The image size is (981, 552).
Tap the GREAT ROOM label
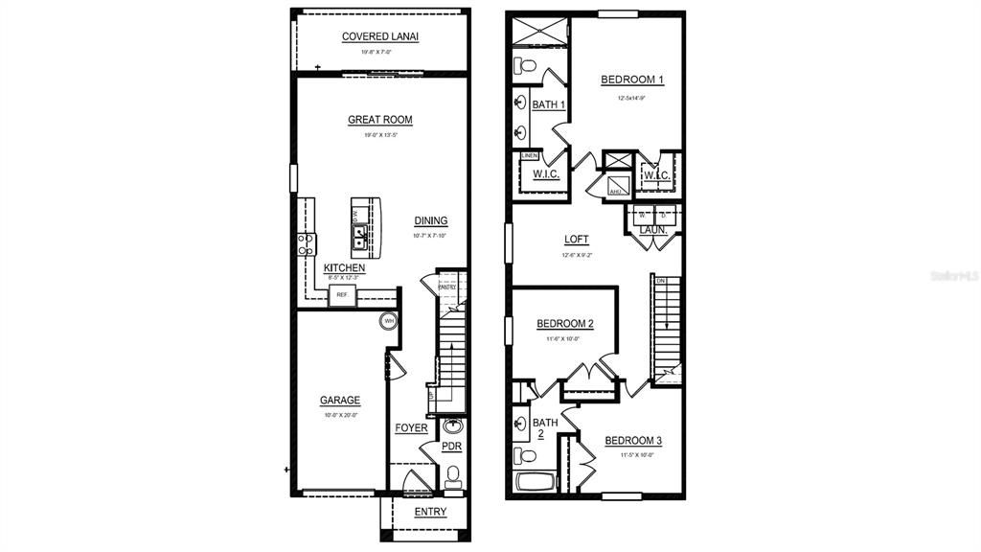click(x=380, y=120)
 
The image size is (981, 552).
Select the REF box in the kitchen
click(x=341, y=296)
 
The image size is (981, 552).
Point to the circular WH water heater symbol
click(x=389, y=320)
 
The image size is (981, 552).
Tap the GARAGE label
click(x=340, y=400)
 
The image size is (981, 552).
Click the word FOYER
click(x=411, y=427)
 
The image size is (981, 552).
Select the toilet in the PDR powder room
click(x=452, y=472)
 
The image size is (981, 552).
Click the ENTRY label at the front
click(x=430, y=512)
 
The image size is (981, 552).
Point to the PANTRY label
click(x=447, y=286)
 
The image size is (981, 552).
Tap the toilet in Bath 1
click(x=523, y=66)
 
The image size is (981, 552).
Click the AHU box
click(x=615, y=192)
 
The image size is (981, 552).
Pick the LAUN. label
click(x=653, y=230)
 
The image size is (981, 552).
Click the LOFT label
click(x=577, y=240)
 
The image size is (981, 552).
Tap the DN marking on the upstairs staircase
click(x=661, y=280)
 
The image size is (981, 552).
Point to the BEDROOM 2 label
click(x=564, y=324)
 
